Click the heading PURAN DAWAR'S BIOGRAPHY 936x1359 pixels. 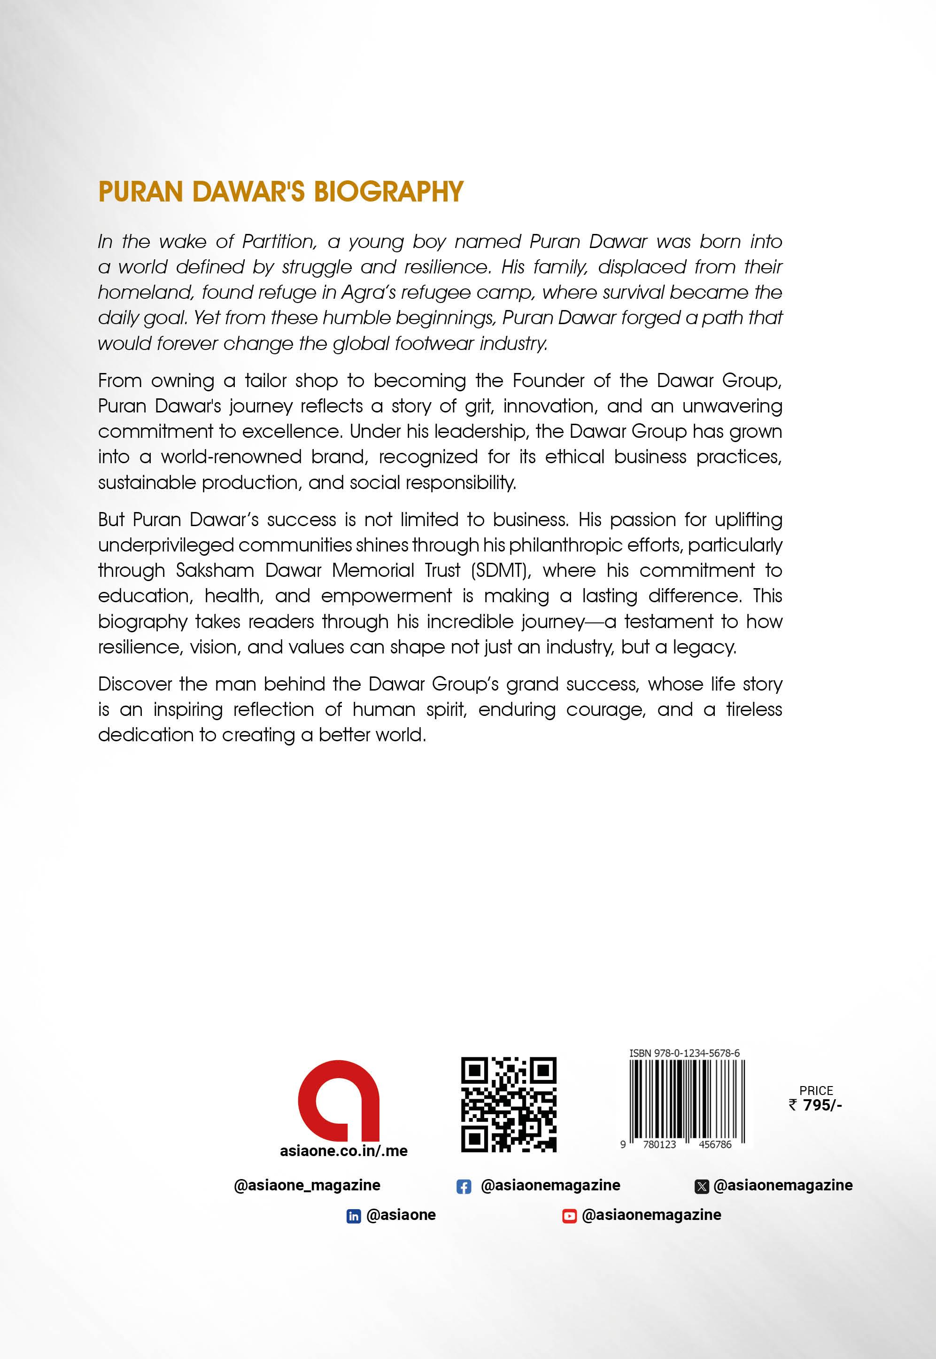point(280,192)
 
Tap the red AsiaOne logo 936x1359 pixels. point(339,1101)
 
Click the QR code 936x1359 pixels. point(509,1104)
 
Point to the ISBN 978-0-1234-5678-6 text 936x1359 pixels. point(684,1053)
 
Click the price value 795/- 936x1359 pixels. point(822,1105)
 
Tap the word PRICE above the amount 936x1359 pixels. point(816,1090)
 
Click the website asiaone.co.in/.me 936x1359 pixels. point(344,1151)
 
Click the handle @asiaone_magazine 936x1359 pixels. point(307,1185)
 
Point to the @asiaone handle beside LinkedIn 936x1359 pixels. point(401,1215)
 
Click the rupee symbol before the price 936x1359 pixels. point(793,1105)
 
